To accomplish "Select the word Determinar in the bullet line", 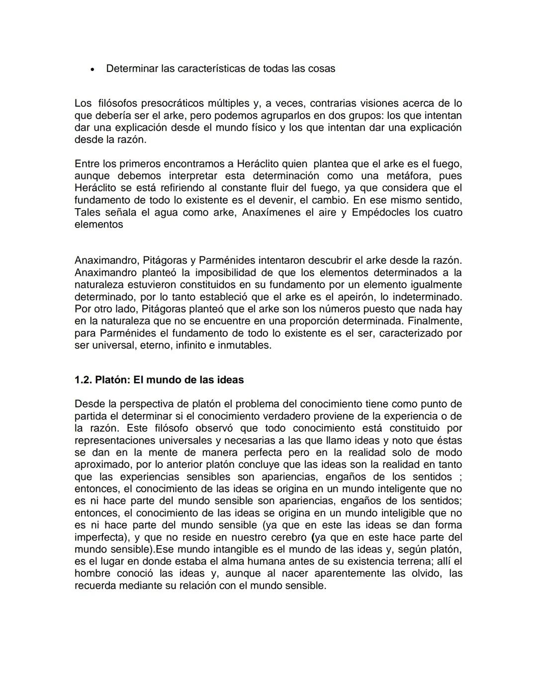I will tap(132, 69).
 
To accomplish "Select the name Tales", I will tap(88, 212).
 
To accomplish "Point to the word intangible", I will tap(224, 549).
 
